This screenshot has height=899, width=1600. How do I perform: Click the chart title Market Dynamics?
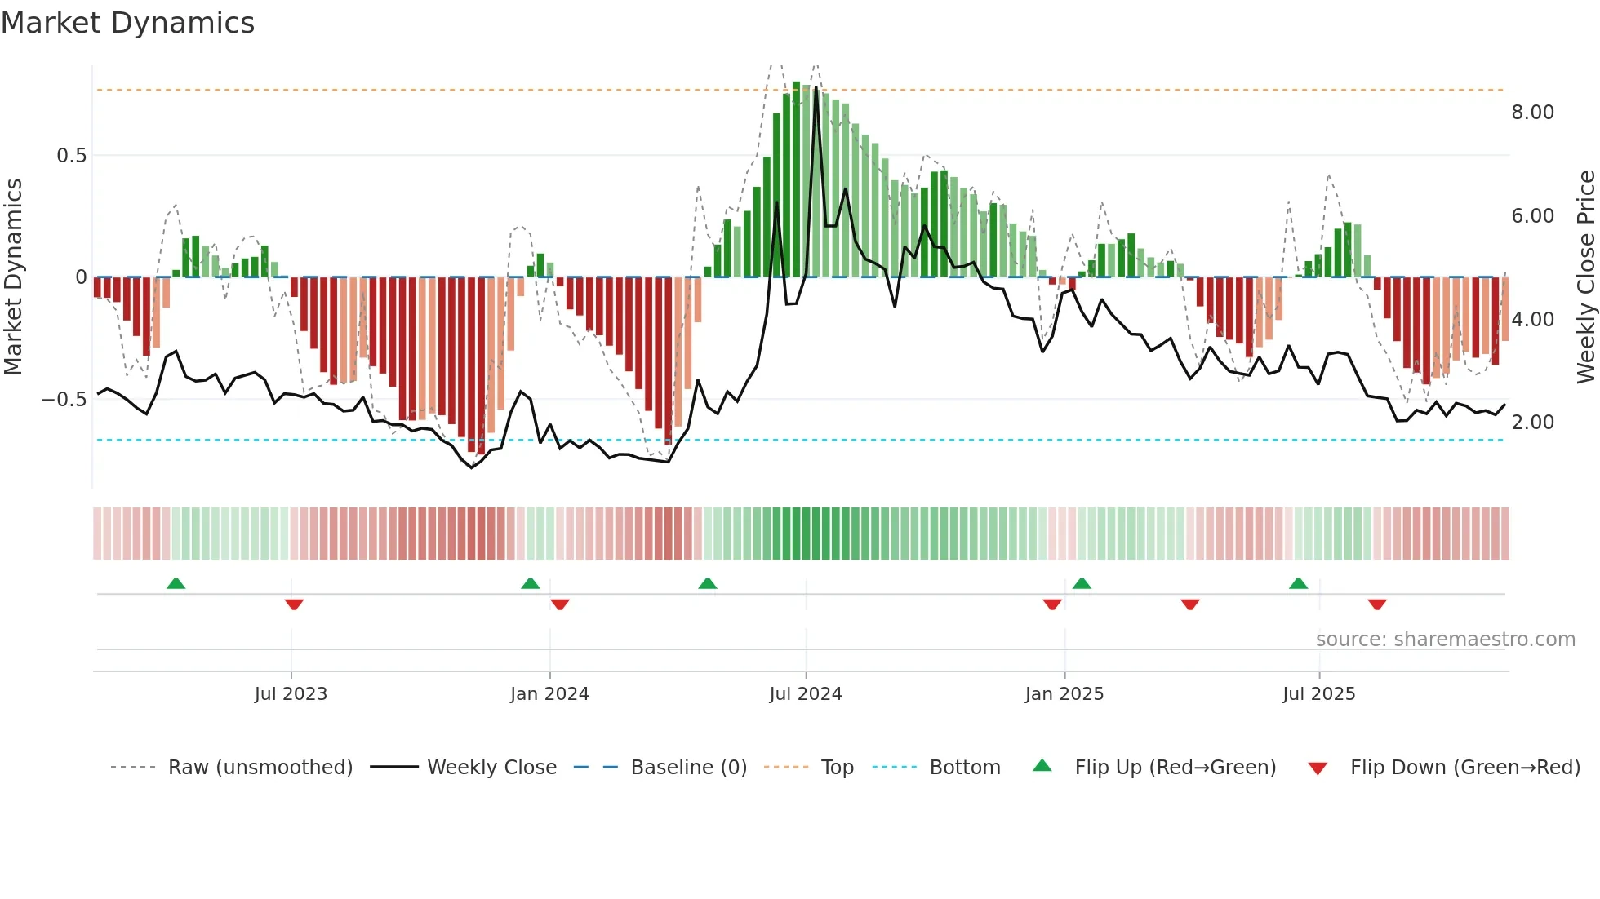(127, 23)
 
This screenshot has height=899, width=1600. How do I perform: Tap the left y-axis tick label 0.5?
(71, 156)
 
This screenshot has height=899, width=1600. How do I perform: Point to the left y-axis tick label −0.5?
(64, 400)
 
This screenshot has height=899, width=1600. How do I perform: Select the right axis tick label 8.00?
(1532, 113)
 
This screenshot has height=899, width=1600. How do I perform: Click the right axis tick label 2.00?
(1532, 423)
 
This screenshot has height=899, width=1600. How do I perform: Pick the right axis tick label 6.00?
(1532, 216)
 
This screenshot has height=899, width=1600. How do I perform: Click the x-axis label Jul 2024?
(805, 694)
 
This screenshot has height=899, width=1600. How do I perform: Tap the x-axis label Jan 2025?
(1064, 694)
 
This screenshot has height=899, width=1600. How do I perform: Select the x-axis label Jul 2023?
(291, 694)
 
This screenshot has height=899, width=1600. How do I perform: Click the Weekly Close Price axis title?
(1585, 277)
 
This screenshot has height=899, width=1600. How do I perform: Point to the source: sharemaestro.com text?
(1445, 640)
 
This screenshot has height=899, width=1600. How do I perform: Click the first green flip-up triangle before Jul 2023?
(176, 583)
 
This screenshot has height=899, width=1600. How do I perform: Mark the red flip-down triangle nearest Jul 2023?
(294, 604)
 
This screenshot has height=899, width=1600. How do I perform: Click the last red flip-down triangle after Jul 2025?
(1377, 604)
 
